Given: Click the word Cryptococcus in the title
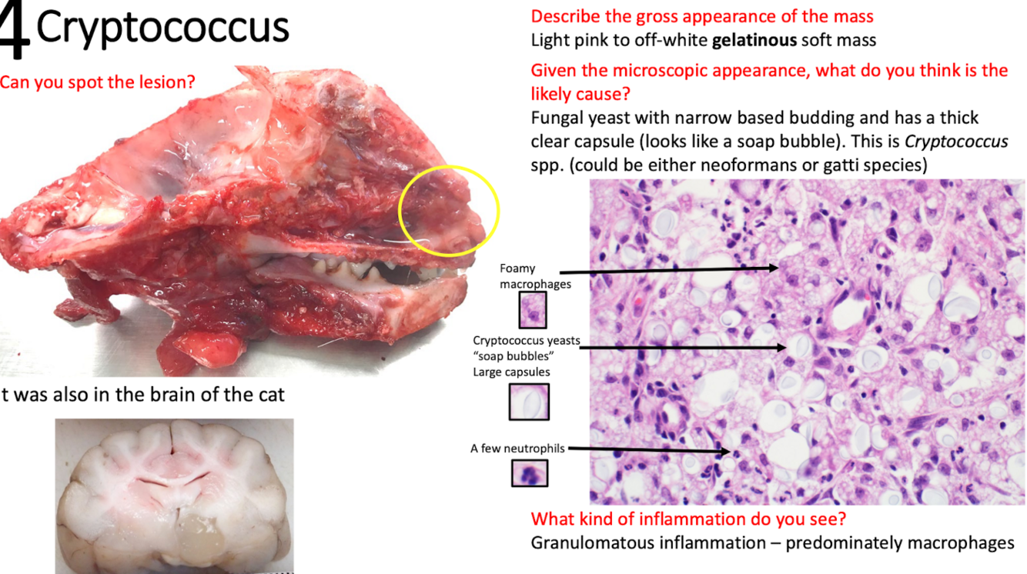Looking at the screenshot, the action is (x=162, y=28).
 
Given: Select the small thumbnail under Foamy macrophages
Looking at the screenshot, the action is (x=530, y=310).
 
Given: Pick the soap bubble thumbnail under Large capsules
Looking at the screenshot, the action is (x=529, y=402).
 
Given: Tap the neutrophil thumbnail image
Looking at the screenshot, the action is (x=530, y=473).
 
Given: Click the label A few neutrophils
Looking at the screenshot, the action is (x=517, y=449).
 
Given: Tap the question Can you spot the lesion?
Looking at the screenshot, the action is (x=98, y=82).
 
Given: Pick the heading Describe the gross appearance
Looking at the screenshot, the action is (x=702, y=16).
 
